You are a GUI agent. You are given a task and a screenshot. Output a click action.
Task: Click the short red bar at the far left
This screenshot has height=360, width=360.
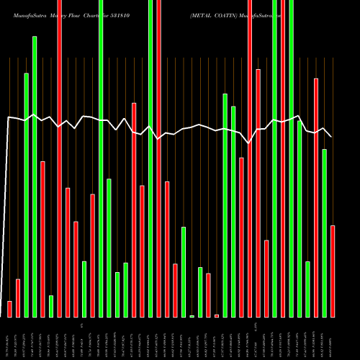9,309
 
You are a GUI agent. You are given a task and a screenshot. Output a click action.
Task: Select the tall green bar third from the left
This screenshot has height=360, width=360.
26,194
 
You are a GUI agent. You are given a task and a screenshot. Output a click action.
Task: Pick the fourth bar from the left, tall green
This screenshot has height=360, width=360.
35,176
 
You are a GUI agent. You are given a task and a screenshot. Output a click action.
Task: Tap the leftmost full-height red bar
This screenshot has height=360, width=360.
59,158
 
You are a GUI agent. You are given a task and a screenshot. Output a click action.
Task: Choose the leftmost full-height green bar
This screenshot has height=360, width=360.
101,158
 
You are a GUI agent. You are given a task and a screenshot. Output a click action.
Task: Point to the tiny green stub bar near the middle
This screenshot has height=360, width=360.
192,315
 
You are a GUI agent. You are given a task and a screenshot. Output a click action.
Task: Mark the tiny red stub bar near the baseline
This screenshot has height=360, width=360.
217,315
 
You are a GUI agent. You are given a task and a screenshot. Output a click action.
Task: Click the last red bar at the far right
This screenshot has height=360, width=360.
333,271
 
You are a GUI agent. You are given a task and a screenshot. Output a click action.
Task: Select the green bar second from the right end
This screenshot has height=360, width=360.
325,233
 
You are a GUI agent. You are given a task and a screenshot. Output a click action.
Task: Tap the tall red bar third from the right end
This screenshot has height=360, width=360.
316,197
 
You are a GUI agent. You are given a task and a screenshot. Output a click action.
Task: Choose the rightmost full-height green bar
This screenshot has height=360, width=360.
291,158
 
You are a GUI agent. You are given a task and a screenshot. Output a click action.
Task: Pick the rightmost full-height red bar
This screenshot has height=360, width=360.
283,158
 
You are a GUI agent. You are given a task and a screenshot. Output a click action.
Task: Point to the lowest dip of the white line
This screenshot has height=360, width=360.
249,143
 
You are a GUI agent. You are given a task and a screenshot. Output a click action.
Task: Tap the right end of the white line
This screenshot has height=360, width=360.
331,136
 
